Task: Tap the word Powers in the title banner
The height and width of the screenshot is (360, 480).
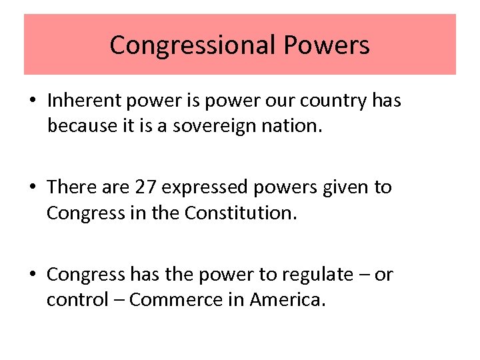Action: (x=326, y=45)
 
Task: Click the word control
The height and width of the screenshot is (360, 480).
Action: (x=70, y=300)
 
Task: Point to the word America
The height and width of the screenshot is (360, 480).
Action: (x=287, y=300)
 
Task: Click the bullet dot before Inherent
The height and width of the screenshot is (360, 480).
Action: (x=33, y=101)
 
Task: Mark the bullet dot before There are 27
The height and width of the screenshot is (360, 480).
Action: (x=33, y=188)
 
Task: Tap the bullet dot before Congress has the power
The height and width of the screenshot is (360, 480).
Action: (x=33, y=275)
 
